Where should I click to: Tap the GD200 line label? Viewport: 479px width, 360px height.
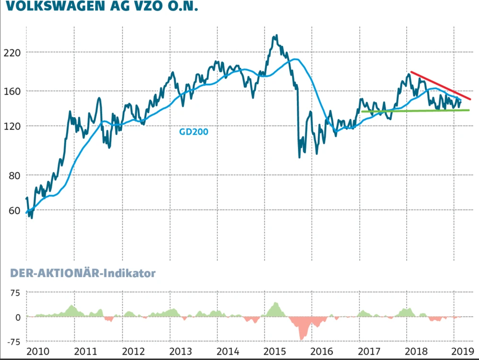click(x=194, y=130)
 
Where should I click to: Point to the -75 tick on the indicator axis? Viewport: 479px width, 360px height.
click(x=14, y=342)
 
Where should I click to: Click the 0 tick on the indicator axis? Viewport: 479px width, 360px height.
click(x=18, y=317)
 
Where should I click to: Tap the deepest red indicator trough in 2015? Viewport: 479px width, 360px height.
click(x=301, y=338)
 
